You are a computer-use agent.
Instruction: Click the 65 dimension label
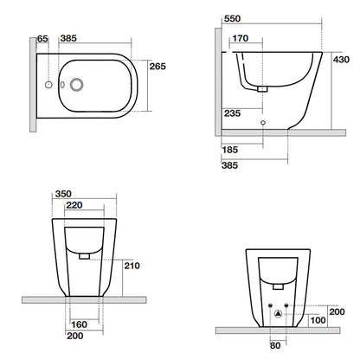coord(42,39)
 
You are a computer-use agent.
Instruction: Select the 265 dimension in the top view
coord(157,67)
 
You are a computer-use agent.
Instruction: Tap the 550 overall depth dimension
coord(232,19)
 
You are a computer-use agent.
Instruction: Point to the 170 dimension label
coord(240,38)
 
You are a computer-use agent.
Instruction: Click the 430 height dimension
coord(341,60)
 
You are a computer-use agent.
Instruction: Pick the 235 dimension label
coord(232,113)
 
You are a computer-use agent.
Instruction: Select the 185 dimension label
coord(230,150)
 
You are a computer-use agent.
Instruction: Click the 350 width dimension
coord(63,194)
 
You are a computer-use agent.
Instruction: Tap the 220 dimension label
coord(74,205)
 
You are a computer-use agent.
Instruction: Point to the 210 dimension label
coord(132,266)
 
